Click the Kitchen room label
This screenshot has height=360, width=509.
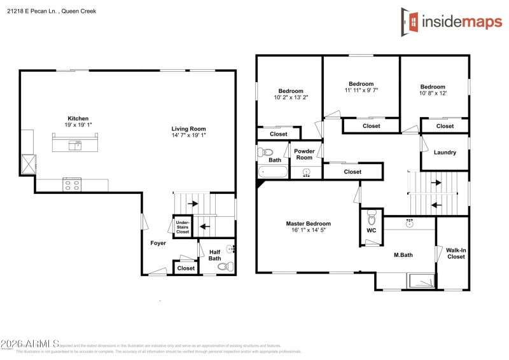point(78,118)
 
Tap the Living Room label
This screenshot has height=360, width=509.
point(188,128)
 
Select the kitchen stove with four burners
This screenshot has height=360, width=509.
point(72,185)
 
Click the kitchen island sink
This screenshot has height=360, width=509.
point(77,145)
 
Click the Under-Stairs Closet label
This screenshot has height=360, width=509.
point(183,227)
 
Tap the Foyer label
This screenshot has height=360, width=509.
point(158,243)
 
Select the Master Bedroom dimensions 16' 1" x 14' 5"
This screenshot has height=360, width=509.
point(308,231)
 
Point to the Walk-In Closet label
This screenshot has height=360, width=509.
point(456,253)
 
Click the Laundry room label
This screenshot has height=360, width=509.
point(445,153)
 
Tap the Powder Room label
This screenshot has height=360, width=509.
point(304,154)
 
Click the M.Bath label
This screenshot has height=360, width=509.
point(403,255)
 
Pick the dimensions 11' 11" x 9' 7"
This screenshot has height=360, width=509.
point(361,91)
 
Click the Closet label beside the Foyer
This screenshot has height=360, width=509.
point(186,268)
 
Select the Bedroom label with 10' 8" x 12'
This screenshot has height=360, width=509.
point(433,87)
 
